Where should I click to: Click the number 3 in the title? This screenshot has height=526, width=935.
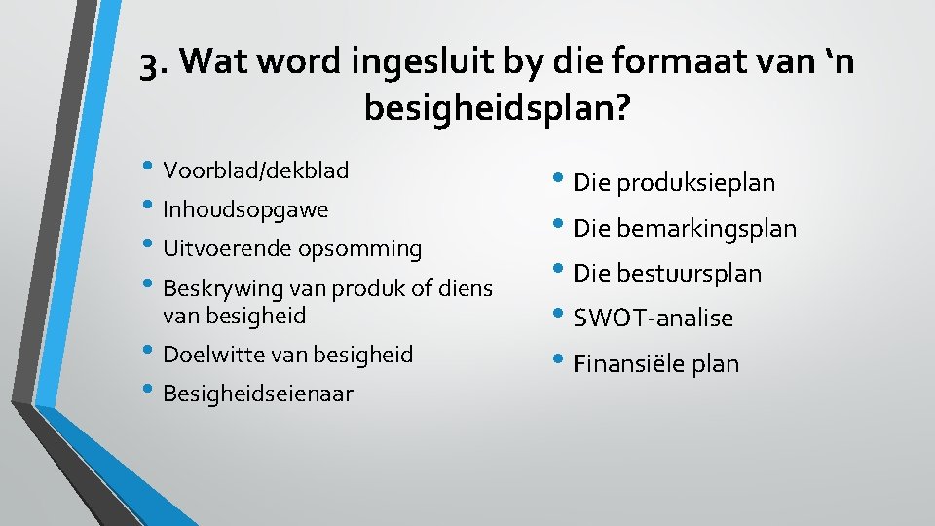point(148,63)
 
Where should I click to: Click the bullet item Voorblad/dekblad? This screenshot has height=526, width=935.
point(255,170)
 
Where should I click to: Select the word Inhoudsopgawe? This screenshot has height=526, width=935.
point(245,209)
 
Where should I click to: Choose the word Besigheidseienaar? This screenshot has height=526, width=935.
point(258,394)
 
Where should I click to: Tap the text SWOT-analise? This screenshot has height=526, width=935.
point(653,319)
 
